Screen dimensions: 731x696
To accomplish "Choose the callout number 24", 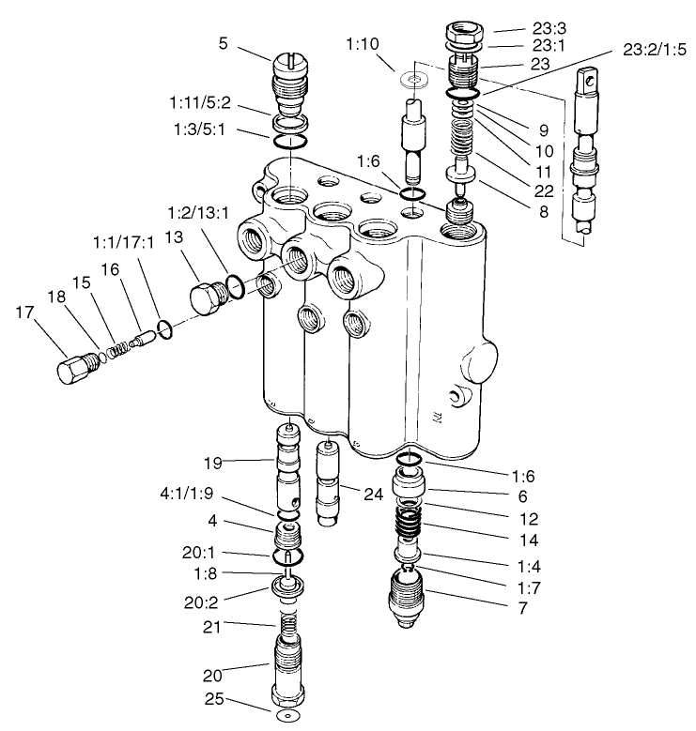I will point(372,494).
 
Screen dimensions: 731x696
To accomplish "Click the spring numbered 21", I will point(286,620).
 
